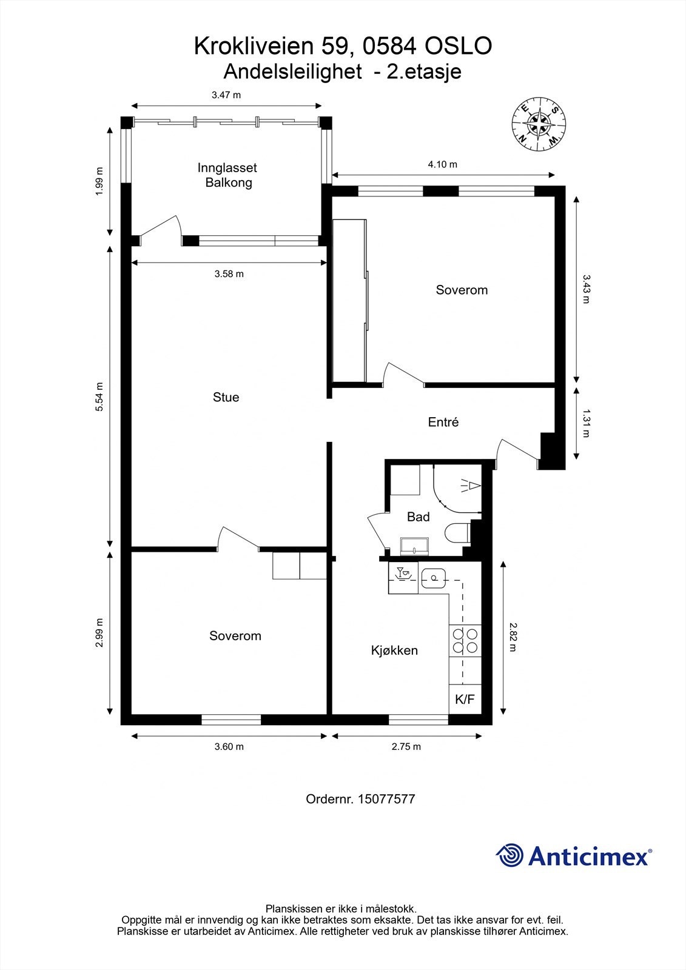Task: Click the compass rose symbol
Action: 539,124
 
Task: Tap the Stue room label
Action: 226,397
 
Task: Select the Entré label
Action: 443,422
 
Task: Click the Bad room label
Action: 418,517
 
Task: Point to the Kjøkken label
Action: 394,650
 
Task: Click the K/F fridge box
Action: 465,699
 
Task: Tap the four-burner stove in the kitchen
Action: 465,641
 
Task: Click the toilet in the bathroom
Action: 459,533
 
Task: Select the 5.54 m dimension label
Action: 99,396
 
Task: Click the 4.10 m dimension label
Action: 442,164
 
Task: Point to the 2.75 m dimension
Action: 406,746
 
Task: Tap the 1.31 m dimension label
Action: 586,424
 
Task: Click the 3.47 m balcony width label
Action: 226,95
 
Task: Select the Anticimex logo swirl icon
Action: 509,855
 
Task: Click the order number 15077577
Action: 386,799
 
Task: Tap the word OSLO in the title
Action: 457,46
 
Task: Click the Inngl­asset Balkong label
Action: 227,175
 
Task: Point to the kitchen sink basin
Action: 433,578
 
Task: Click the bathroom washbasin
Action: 415,546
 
